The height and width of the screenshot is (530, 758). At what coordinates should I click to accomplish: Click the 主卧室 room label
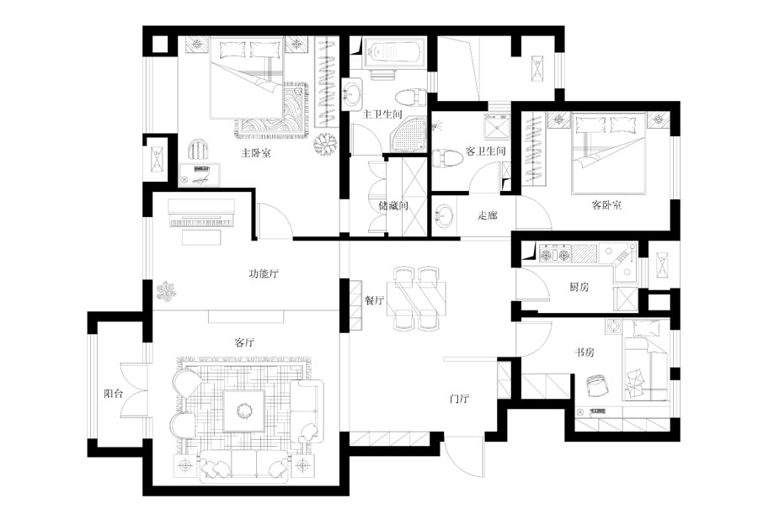pyautogui.click(x=256, y=153)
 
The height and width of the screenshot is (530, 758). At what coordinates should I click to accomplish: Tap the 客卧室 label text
pyautogui.click(x=606, y=205)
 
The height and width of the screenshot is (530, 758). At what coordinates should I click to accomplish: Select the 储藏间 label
pyautogui.click(x=393, y=205)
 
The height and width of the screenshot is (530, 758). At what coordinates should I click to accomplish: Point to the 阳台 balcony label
pyautogui.click(x=114, y=394)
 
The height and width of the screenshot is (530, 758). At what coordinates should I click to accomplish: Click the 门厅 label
pyautogui.click(x=459, y=399)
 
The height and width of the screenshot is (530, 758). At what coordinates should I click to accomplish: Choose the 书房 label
pyautogui.click(x=584, y=352)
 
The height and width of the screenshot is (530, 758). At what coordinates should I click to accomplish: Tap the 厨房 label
pyautogui.click(x=579, y=287)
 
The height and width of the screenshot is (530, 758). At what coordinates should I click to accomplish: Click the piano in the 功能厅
pyautogui.click(x=200, y=214)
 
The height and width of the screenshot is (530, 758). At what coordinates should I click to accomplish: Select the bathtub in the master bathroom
pyautogui.click(x=394, y=53)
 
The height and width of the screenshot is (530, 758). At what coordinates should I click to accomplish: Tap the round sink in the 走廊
pyautogui.click(x=444, y=215)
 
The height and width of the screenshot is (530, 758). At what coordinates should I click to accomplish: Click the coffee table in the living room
pyautogui.click(x=243, y=411)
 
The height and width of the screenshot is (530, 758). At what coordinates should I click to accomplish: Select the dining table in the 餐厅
pyautogui.click(x=416, y=298)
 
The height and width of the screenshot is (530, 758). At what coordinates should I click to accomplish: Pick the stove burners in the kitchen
pyautogui.click(x=555, y=253)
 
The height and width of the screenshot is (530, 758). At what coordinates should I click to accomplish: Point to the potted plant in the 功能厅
pyautogui.click(x=167, y=291)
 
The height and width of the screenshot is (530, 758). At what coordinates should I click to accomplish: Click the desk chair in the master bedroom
pyautogui.click(x=199, y=149)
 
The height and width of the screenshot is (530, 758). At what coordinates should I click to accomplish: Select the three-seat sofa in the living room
pyautogui.click(x=243, y=466)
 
